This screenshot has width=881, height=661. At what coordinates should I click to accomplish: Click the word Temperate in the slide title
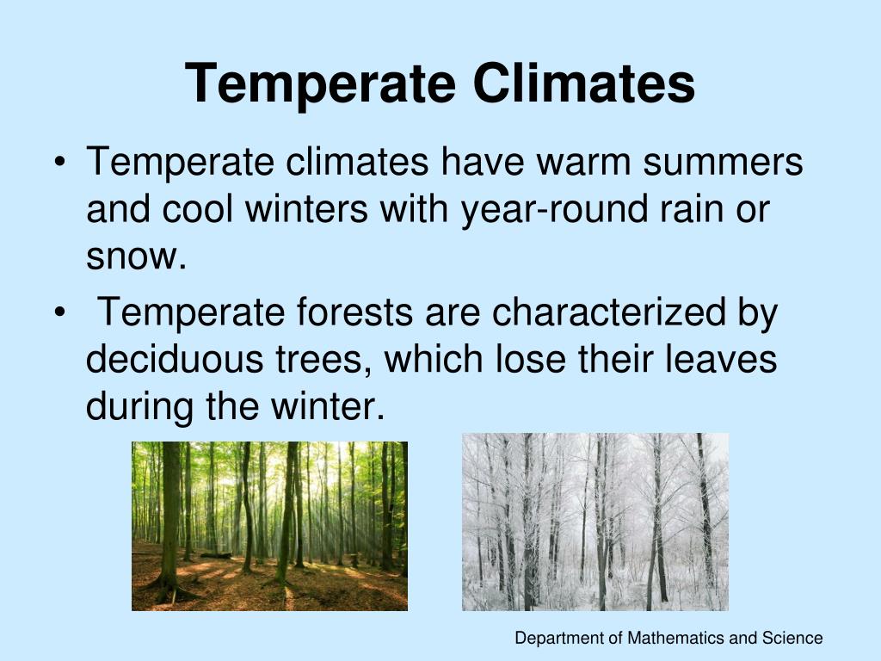(320, 84)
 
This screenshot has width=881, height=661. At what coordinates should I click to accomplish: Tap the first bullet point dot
(59, 163)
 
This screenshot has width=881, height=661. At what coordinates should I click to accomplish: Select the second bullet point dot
(59, 313)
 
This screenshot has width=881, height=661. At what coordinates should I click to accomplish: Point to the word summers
(723, 162)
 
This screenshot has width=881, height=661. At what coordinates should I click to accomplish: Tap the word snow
(135, 256)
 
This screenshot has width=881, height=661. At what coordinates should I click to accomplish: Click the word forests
(355, 312)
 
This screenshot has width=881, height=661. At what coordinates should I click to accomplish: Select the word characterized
(609, 312)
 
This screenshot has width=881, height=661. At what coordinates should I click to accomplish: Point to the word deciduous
(175, 359)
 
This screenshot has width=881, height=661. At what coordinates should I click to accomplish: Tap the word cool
(197, 209)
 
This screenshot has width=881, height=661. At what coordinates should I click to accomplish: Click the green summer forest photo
(269, 526)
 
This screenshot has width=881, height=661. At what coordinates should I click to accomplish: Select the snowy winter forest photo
(595, 522)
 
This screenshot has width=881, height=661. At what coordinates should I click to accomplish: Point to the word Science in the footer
(792, 638)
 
